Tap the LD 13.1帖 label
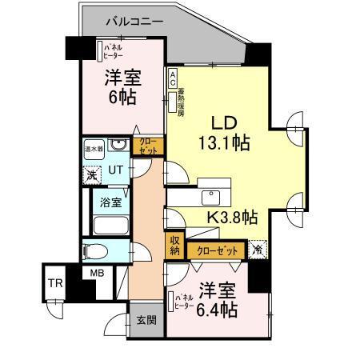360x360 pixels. pyautogui.click(x=223, y=134)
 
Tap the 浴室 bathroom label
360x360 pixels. pyautogui.click(x=111, y=202)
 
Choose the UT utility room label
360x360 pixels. pyautogui.click(x=116, y=170)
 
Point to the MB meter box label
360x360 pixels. pyautogui.click(x=97, y=274)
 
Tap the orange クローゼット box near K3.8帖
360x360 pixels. pyautogui.click(x=217, y=250)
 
